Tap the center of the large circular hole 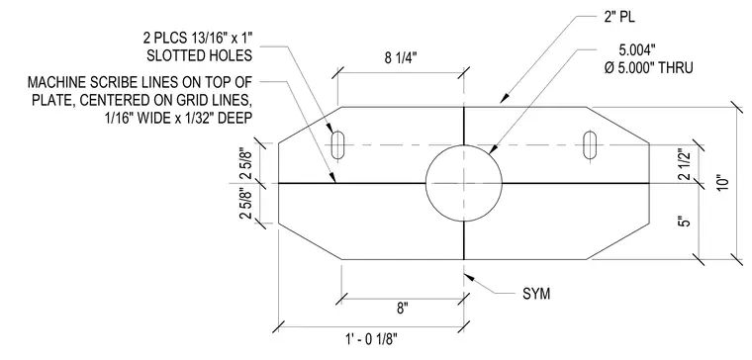pos(464,183)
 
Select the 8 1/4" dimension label pos(401,58)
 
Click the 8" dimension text pos(402,309)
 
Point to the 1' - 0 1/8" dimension pos(371,340)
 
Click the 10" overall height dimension pos(723,183)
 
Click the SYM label pos(536,294)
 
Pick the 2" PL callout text pos(618,19)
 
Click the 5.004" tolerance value pos(636,50)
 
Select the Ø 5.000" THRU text pos(648,68)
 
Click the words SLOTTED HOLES pos(199,55)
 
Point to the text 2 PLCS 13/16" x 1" pos(198,38)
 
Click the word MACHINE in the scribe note pos(54,82)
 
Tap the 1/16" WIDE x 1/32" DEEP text pos(178,118)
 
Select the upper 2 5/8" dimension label pos(247,162)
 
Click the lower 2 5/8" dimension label pos(247,204)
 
